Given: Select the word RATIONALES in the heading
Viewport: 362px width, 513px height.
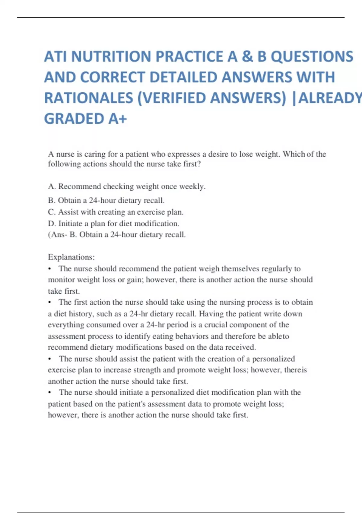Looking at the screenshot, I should [88, 98].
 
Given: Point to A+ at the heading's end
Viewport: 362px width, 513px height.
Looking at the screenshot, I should [117, 119].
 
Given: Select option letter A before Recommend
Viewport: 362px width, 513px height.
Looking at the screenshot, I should [51, 186].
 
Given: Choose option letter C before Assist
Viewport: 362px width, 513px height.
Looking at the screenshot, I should [51, 212].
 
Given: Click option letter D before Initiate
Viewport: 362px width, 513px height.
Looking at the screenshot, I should [51, 224].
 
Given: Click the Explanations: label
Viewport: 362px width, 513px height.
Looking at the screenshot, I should [71, 257].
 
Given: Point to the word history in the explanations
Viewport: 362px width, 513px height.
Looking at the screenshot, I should [81, 314].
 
